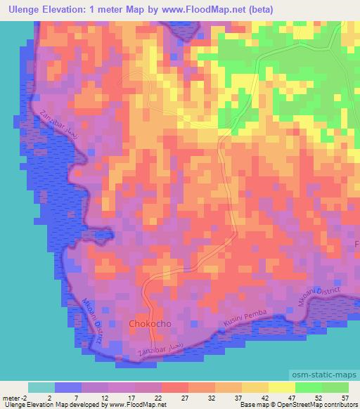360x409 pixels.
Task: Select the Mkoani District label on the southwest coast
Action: pyautogui.click(x=94, y=320)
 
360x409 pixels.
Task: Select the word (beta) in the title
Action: pyautogui.click(x=255, y=10)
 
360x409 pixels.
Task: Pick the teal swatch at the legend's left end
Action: pyautogui.click(x=41, y=387)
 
